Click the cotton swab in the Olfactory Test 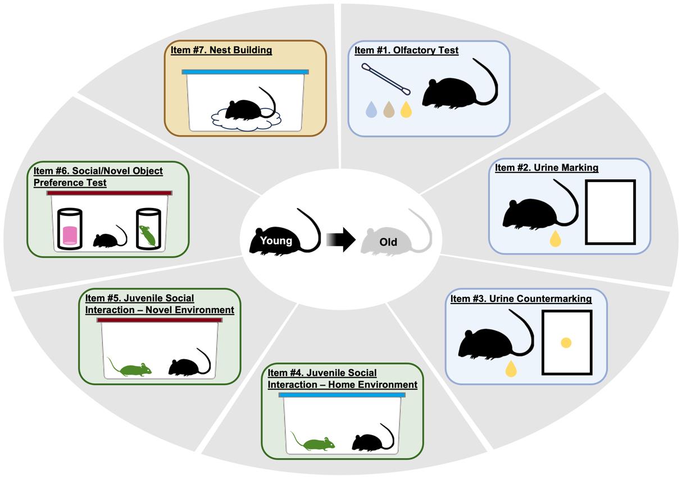(x=386, y=79)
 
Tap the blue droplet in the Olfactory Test (x=371, y=110)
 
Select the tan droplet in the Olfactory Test (x=389, y=110)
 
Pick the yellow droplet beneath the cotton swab (x=406, y=110)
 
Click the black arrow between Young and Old (x=341, y=239)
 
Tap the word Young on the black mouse (x=276, y=241)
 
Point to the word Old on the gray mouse (x=388, y=242)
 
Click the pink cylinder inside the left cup (x=70, y=235)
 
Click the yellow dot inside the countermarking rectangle (x=566, y=343)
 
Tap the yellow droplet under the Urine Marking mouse (x=556, y=238)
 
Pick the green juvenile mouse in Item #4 (x=313, y=441)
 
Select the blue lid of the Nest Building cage (x=245, y=72)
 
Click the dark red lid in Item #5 (x=160, y=320)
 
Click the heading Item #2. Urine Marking (x=547, y=168)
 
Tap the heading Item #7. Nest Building (x=221, y=50)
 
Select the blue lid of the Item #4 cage (x=342, y=395)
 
